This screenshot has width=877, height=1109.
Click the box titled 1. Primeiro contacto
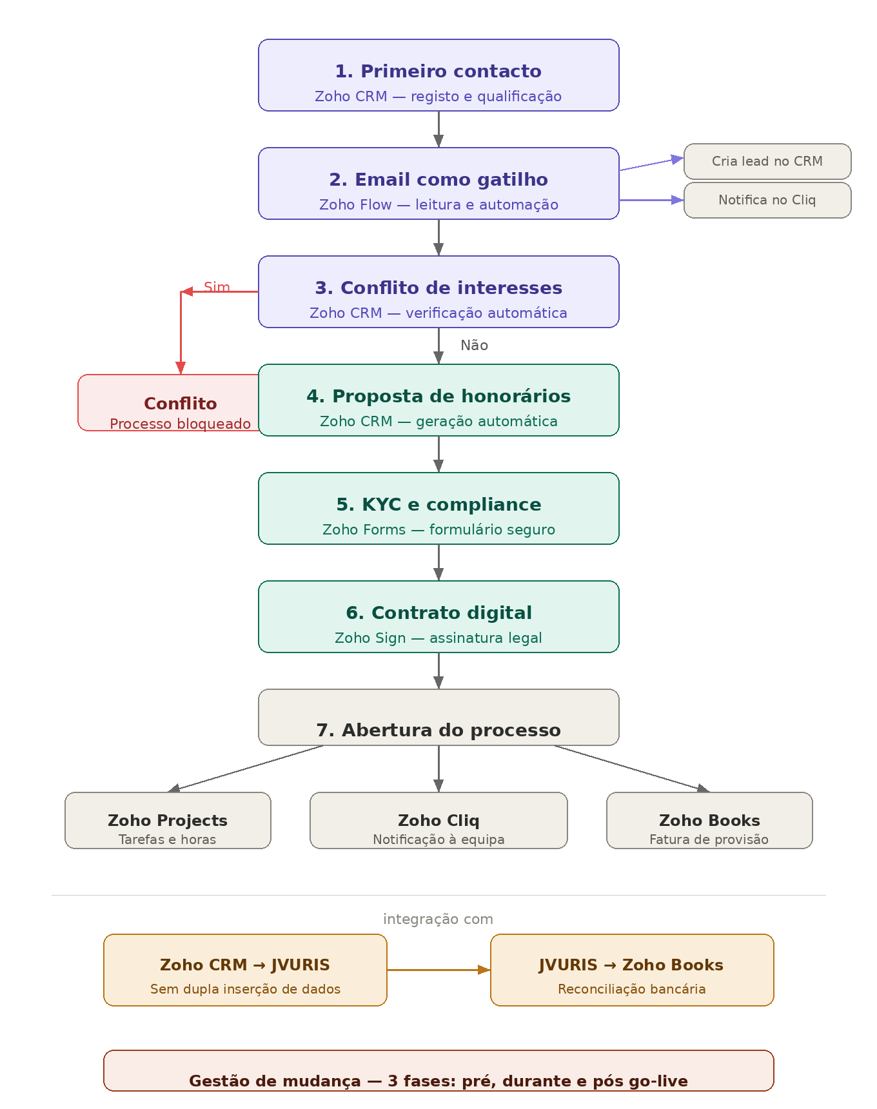(x=438, y=75)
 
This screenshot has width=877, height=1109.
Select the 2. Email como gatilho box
(x=438, y=183)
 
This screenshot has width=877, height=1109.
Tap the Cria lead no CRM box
(x=767, y=161)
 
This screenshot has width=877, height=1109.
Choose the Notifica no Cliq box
(x=767, y=200)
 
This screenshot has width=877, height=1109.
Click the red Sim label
(x=217, y=287)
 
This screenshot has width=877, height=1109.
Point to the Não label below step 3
(x=474, y=346)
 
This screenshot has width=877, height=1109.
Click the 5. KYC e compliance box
(x=438, y=508)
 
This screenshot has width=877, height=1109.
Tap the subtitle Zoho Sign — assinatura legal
(x=438, y=638)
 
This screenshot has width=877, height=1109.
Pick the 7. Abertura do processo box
(x=438, y=717)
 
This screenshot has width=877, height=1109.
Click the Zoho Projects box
(x=168, y=820)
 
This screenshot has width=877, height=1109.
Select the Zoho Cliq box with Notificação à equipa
(x=438, y=820)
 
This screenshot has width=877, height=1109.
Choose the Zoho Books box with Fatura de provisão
(x=709, y=820)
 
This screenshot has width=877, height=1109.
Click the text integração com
(x=438, y=919)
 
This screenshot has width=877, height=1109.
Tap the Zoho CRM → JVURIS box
(x=245, y=970)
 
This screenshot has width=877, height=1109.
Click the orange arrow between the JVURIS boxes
(x=438, y=970)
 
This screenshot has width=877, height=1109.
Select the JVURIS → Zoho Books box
(x=632, y=970)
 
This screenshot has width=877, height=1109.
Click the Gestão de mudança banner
(x=438, y=1071)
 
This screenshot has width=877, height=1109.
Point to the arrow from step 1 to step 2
(x=438, y=129)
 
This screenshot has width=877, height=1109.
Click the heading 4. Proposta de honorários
(x=438, y=396)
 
